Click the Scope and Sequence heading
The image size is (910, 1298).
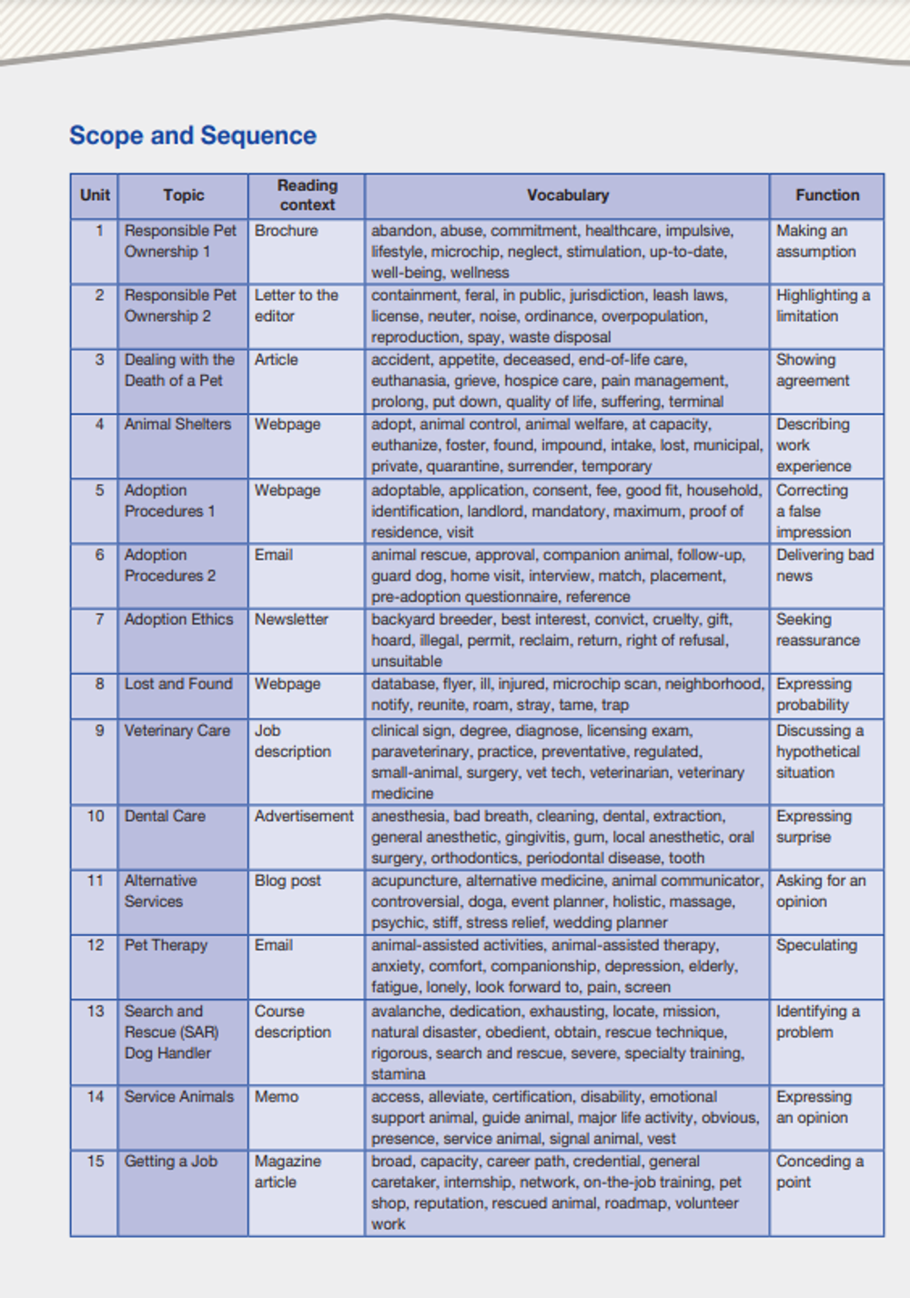[193, 136]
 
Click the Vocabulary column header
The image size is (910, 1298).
[567, 195]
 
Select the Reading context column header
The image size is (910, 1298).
[307, 195]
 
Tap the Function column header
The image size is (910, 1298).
[826, 195]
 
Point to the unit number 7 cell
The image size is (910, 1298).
[99, 619]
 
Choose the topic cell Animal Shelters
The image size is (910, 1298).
[177, 424]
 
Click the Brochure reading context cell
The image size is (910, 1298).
[286, 231]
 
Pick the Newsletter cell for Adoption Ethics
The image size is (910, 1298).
[291, 619]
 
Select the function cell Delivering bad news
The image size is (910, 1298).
[824, 565]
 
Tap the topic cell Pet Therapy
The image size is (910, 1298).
[166, 945]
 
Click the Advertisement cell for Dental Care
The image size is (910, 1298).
[304, 816]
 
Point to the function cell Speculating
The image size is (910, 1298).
[816, 945]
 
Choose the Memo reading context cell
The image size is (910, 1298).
[276, 1097]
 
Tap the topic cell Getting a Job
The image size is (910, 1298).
[170, 1162]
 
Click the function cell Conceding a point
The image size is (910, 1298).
[819, 1172]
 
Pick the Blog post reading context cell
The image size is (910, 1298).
[288, 880]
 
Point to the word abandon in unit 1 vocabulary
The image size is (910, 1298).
[399, 231]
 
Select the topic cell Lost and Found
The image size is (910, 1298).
[178, 684]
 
